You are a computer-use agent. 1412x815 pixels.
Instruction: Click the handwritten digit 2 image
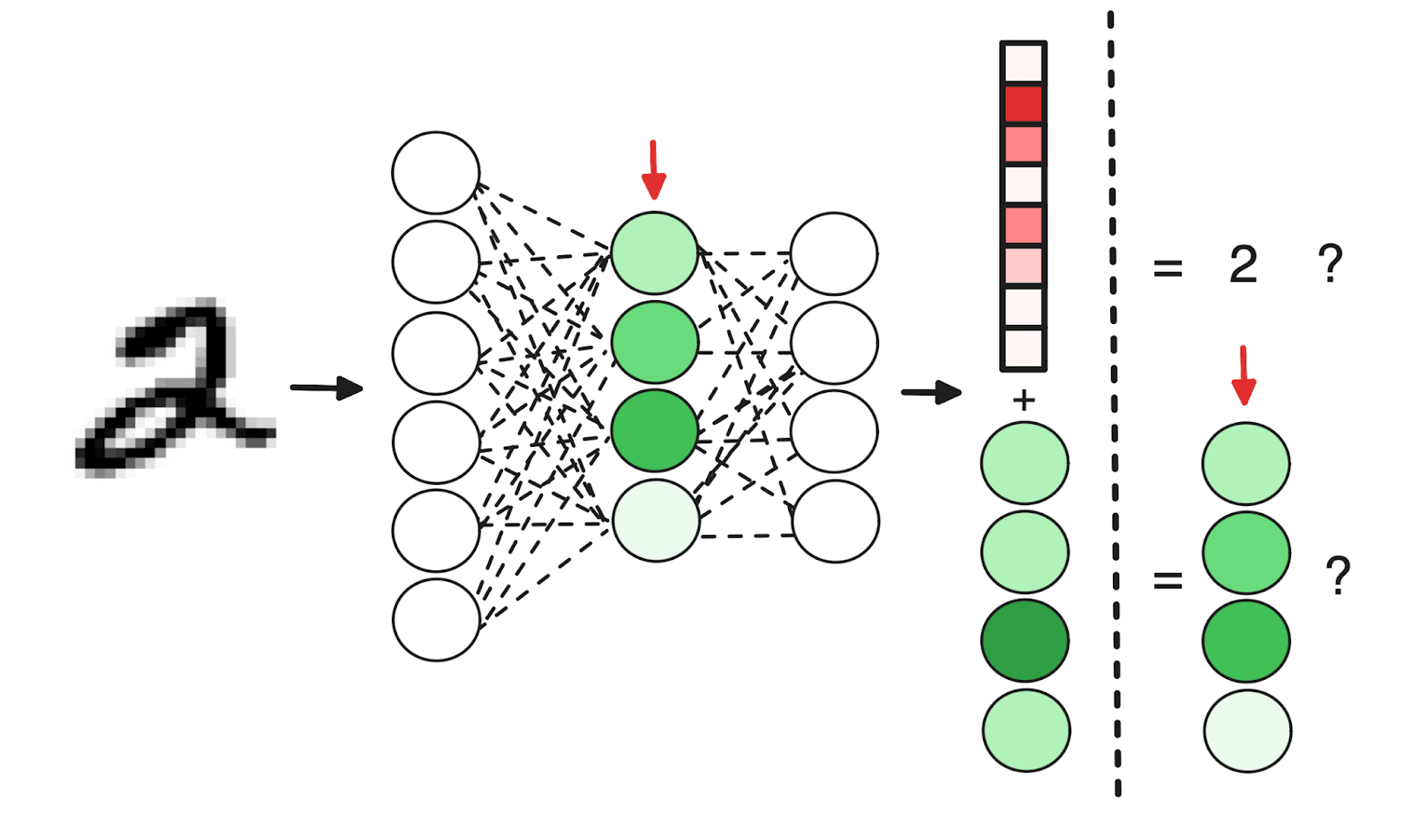[x=176, y=389]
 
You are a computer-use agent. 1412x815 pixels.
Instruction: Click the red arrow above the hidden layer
[x=653, y=170]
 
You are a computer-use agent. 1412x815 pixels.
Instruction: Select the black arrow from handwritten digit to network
[x=326, y=388]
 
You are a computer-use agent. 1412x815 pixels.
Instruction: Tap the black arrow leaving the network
[x=931, y=391]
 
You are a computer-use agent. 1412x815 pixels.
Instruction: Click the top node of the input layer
[x=436, y=173]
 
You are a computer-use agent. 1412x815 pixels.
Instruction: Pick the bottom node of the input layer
[x=436, y=620]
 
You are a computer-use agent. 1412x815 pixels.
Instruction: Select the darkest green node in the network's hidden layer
[x=655, y=431]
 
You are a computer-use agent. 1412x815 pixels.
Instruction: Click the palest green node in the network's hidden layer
[x=656, y=521]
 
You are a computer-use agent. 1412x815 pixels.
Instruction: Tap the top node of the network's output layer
[x=834, y=253]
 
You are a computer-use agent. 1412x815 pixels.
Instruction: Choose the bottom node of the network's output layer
[x=836, y=522]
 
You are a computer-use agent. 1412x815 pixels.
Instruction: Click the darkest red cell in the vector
[x=1024, y=104]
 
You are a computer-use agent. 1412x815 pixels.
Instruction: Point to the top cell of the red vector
[x=1024, y=64]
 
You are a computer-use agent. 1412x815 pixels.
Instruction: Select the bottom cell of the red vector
[x=1024, y=348]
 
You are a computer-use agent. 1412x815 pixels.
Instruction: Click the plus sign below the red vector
[x=1024, y=401]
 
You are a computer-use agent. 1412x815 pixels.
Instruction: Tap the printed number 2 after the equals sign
[x=1243, y=265]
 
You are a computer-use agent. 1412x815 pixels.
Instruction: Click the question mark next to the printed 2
[x=1330, y=263]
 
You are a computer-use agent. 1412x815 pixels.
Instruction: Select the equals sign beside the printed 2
[x=1168, y=267]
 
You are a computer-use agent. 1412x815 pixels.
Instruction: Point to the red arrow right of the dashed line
[x=1243, y=375]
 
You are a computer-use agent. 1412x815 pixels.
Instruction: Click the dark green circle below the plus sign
[x=1025, y=641]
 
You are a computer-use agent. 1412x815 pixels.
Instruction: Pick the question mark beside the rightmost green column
[x=1338, y=576]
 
